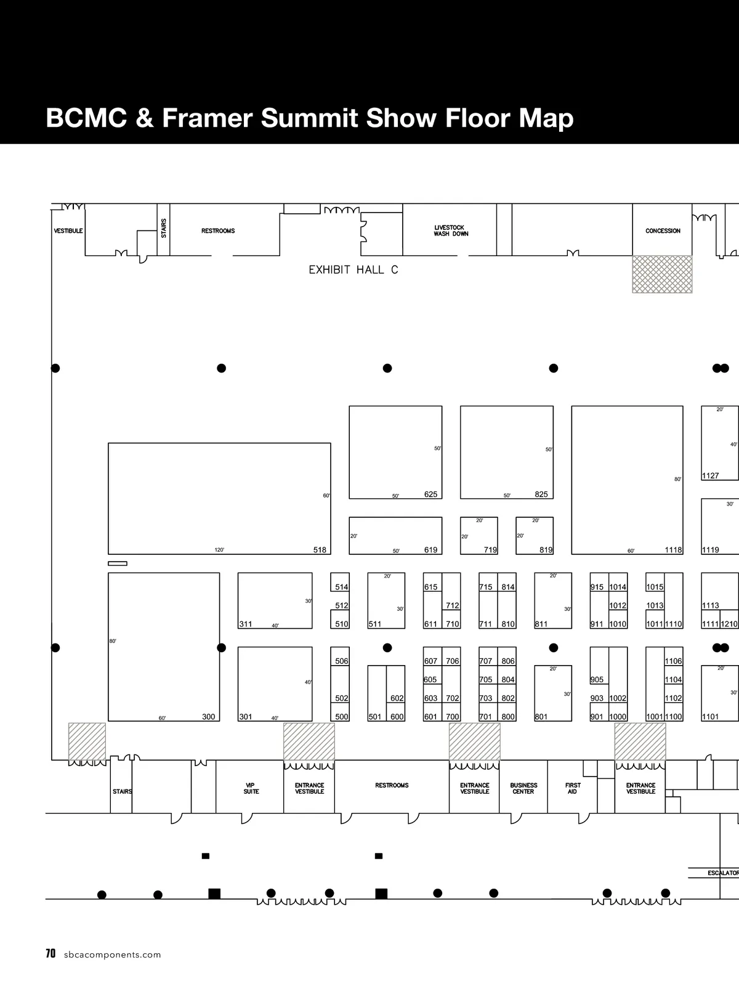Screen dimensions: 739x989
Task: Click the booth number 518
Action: coord(320,550)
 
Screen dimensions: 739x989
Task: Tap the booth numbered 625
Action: coord(431,494)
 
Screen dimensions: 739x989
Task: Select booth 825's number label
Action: coord(541,494)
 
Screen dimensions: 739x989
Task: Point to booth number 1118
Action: coord(673,550)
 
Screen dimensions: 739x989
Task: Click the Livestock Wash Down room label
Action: coord(451,231)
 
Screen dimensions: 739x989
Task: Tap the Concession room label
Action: coord(663,231)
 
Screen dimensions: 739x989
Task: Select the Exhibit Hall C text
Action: coord(353,270)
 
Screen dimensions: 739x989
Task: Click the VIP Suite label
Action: coord(251,788)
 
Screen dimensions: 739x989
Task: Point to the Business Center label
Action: coord(523,788)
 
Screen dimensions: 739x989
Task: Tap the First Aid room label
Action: coord(573,788)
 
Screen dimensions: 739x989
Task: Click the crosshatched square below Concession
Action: coord(662,275)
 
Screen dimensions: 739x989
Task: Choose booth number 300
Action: coord(209,716)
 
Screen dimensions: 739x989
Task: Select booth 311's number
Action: coord(246,624)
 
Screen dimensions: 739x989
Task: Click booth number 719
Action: coord(490,550)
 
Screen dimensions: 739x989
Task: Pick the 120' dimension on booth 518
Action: coord(219,550)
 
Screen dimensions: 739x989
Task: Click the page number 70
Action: coord(50,953)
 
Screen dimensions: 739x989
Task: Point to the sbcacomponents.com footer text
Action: coord(112,955)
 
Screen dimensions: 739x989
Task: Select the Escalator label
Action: coord(723,873)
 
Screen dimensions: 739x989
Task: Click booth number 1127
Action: coord(711,475)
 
